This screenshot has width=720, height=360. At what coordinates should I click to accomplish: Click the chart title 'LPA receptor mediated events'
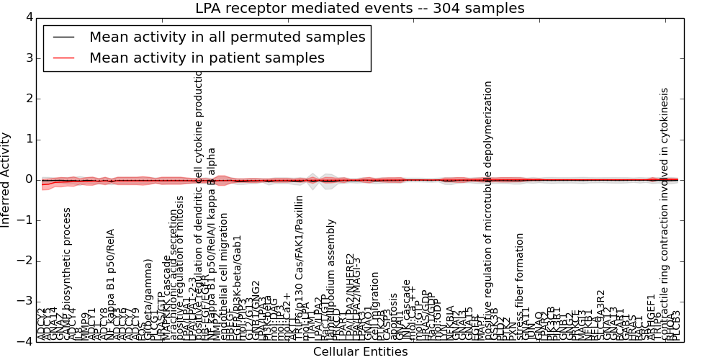coord(359,8)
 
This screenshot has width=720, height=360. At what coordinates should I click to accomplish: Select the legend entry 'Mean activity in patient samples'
coord(207,58)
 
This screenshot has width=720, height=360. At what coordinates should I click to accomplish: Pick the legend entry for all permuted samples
coord(227,37)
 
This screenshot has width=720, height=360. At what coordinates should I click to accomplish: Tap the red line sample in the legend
coord(62,58)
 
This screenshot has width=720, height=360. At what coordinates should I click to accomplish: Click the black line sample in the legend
coord(62,37)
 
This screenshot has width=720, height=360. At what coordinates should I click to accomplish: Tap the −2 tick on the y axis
coord(26,261)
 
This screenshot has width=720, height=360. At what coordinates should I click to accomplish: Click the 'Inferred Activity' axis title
coord(6,179)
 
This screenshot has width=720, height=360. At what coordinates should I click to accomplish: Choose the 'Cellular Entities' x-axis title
coord(360,352)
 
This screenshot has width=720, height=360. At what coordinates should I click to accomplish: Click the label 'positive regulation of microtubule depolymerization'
coord(488,209)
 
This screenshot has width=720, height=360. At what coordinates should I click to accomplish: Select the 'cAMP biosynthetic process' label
coord(67,274)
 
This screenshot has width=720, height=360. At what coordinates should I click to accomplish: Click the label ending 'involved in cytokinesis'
coord(665,213)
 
